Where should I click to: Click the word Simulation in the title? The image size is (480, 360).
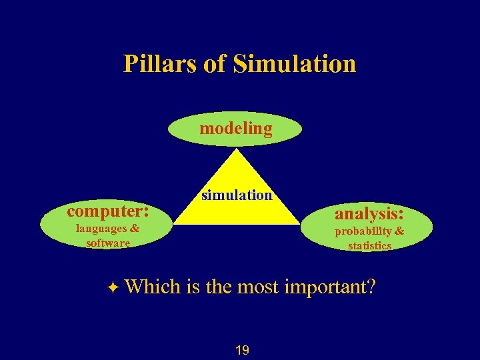[295, 64]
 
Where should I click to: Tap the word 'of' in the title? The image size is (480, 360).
[216, 64]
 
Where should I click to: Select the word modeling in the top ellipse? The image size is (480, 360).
[236, 129]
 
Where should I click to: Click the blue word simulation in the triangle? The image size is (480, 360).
[237, 195]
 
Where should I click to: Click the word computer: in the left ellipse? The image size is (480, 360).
[107, 211]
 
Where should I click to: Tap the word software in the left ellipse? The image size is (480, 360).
[108, 243]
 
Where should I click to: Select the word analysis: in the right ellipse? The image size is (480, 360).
[369, 214]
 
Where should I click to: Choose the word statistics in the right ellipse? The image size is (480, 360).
[369, 245]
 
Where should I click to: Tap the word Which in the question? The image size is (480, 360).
[153, 287]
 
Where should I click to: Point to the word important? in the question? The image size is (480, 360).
[329, 287]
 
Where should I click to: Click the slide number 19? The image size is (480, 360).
[242, 350]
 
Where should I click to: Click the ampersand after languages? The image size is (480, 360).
[135, 228]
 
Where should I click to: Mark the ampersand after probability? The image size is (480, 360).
[399, 231]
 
